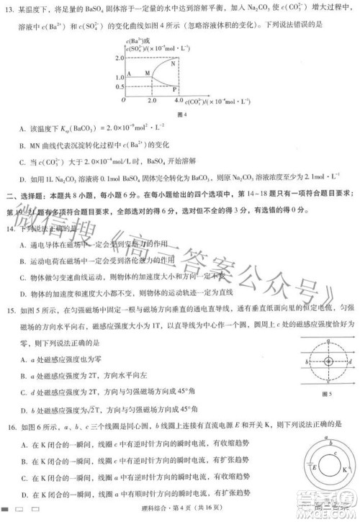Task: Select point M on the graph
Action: (148, 73)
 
